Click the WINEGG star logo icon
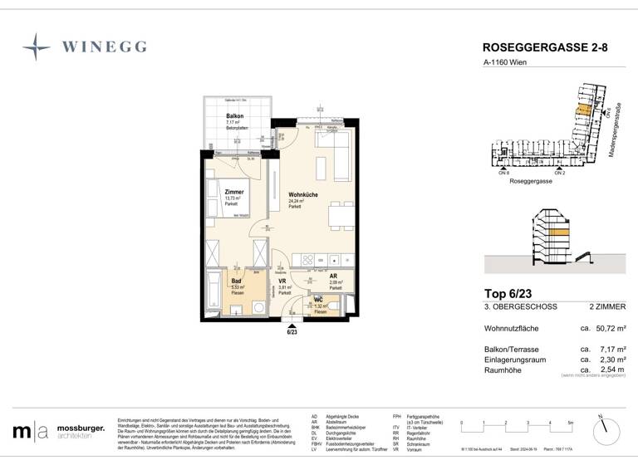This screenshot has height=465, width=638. pyautogui.click(x=36, y=47)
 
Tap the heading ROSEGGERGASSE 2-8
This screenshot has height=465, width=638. pyautogui.click(x=545, y=48)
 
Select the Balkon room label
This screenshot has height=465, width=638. pyautogui.click(x=234, y=116)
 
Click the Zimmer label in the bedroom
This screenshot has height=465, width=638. pyautogui.click(x=234, y=192)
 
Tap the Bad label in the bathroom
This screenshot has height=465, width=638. pyautogui.click(x=236, y=281)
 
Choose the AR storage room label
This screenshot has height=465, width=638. pyautogui.click(x=333, y=276)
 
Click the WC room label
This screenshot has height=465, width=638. pyautogui.click(x=318, y=301)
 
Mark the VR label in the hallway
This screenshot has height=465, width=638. pyautogui.click(x=282, y=281)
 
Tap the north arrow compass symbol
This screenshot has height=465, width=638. pyautogui.click(x=607, y=429)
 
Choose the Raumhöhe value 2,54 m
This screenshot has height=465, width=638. pyautogui.click(x=608, y=368)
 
